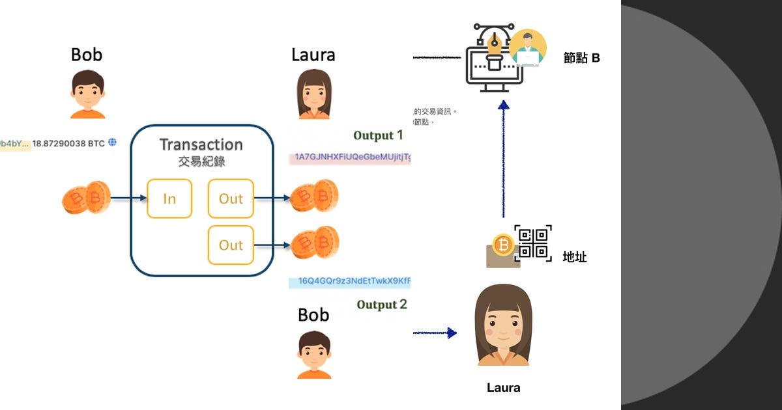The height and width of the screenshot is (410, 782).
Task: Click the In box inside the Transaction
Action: (x=169, y=198)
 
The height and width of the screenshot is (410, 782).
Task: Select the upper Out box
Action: (x=231, y=198)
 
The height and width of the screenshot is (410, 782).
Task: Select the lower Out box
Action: (x=231, y=245)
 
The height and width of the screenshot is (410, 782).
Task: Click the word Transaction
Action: (x=201, y=144)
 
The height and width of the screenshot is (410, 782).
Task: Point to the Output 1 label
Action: (x=378, y=135)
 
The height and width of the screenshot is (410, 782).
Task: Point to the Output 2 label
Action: (x=382, y=305)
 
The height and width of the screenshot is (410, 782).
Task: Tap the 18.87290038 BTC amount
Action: (x=68, y=143)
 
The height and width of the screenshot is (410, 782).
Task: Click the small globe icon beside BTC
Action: (x=112, y=142)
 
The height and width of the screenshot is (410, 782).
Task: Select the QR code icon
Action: (x=533, y=243)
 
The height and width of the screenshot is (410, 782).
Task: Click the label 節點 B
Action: (x=581, y=58)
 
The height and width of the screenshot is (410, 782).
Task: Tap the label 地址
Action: (x=574, y=257)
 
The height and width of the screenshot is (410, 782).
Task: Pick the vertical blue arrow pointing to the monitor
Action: (x=502, y=159)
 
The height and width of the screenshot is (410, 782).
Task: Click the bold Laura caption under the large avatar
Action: (x=503, y=388)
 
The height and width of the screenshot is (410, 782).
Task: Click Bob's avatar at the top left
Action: (x=87, y=94)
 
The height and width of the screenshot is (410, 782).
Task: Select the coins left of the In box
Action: (x=85, y=198)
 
